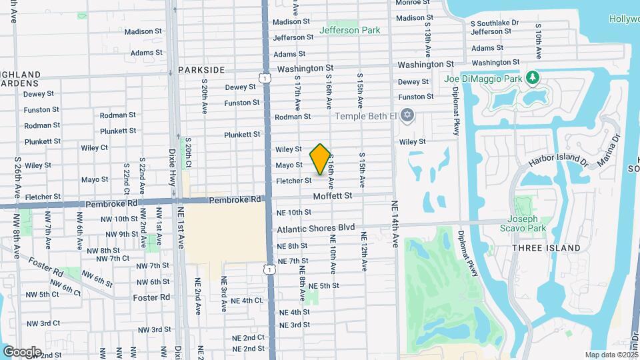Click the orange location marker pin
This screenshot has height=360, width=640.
point(321,159)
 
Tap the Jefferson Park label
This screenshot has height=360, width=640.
point(349,30)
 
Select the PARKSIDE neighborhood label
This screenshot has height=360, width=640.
point(200,69)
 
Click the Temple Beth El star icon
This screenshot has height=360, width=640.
point(409,116)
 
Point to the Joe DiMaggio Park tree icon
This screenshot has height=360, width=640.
point(533,79)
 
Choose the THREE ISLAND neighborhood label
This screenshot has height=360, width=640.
point(546,248)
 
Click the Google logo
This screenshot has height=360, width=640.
point(21,351)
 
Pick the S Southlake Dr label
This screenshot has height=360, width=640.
point(494,23)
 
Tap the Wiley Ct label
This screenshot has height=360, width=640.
point(94,147)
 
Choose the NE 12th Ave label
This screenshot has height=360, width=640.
point(365,251)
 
